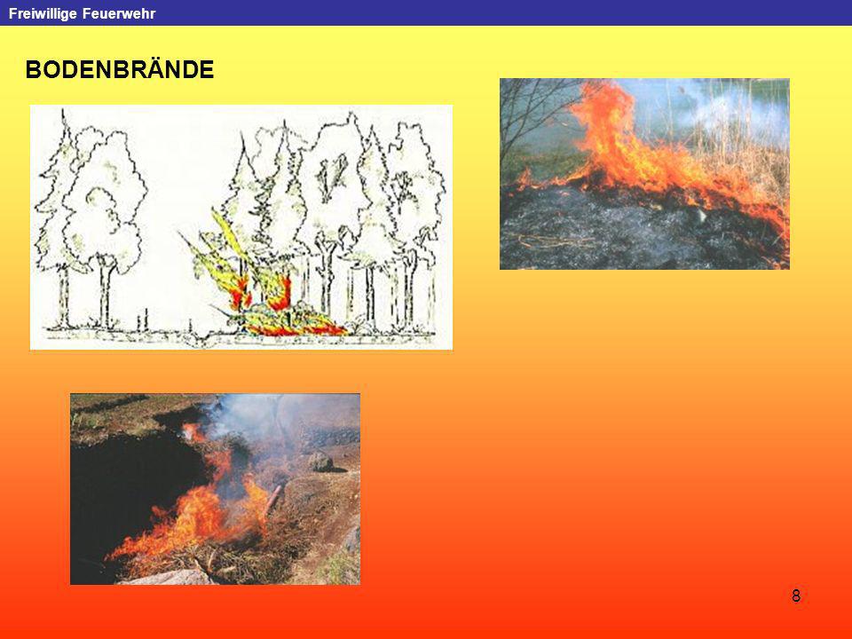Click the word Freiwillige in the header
pos(43,13)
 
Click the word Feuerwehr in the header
pos(119,13)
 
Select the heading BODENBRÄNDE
pos(120,69)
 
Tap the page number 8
pos(796,596)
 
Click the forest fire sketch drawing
pos(241,227)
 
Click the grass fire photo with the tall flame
pos(644,174)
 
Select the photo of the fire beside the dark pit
pos(215,489)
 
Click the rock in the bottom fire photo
pos(320,461)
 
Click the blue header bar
pos(426,12)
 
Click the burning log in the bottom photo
pos(272,499)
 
